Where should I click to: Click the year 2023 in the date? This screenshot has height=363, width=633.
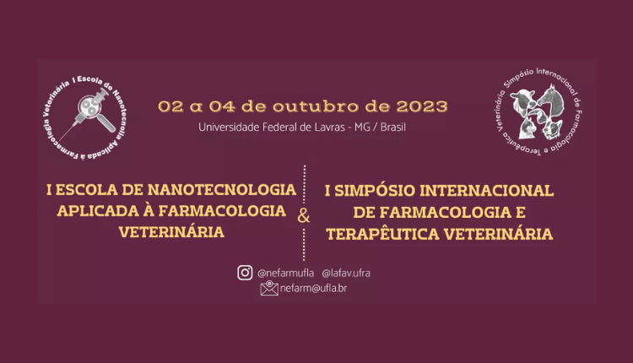422,106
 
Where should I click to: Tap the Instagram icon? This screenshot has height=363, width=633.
245,273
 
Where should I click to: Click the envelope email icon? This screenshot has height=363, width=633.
269,288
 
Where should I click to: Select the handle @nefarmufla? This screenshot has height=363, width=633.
286,274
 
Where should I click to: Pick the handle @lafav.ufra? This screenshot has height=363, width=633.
346,274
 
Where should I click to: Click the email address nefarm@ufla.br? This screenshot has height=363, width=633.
313,289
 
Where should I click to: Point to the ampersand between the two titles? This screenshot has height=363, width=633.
304,215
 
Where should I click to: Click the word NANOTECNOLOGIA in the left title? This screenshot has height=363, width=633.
222,190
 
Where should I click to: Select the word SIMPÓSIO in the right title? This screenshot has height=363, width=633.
374,191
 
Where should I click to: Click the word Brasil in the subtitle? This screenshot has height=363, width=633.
392,127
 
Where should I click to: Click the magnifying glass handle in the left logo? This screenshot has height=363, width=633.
106,122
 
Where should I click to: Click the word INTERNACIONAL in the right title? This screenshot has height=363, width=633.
486,191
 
